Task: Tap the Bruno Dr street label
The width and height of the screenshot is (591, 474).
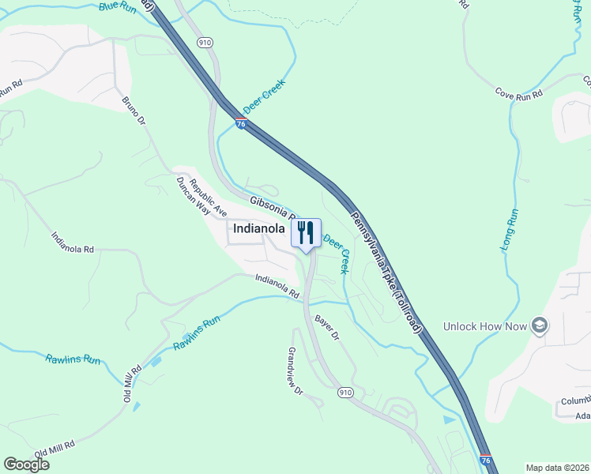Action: pos(134,111)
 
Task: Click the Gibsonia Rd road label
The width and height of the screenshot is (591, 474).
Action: pos(273,208)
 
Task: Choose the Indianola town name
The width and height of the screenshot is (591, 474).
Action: pos(258,229)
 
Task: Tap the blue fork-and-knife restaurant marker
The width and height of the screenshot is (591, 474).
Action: pos(306,233)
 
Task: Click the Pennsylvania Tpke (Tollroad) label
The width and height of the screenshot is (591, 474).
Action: pos(387,271)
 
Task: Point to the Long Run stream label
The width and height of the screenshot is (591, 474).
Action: pos(510,230)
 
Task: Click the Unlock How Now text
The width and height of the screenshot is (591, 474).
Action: pos(484,325)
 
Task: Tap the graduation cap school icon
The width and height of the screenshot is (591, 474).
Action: pos(540,325)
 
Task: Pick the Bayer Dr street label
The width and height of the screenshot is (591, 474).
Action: pos(326,327)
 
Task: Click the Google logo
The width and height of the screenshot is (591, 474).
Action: pos(26,465)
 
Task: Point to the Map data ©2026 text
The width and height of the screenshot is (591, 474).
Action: pos(558,468)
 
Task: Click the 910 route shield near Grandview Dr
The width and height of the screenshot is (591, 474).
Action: pos(344,392)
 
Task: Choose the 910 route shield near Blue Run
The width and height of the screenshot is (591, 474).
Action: pos(205,42)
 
